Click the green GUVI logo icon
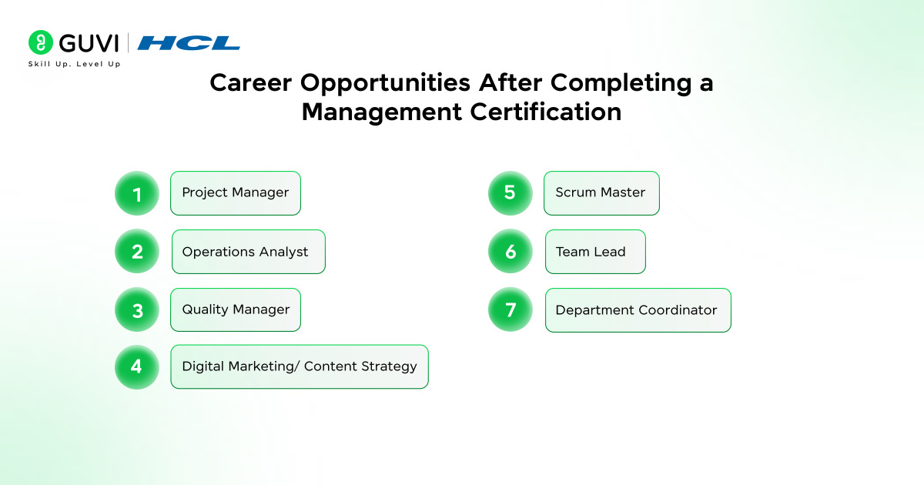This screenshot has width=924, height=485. [40, 42]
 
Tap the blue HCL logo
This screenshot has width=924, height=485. [189, 43]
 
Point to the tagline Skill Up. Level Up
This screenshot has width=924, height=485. [74, 64]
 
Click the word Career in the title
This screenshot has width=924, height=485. [251, 82]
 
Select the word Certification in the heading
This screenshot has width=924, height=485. [546, 112]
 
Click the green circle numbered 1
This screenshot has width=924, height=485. [137, 193]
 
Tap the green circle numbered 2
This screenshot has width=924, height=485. [137, 251]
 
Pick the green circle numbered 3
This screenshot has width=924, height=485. [137, 309]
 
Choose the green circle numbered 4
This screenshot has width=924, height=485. [137, 367]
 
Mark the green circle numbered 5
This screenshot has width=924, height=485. [511, 193]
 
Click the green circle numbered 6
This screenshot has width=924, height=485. [511, 251]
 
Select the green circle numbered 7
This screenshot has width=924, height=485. [511, 309]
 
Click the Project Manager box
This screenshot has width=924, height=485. [236, 193]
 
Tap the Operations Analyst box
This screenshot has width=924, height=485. [249, 252]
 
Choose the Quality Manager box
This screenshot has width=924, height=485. [236, 309]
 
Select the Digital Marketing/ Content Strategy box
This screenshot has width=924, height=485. [300, 366]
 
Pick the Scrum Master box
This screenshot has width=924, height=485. [601, 193]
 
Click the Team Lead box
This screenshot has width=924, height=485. [595, 252]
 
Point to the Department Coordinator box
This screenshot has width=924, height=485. [638, 310]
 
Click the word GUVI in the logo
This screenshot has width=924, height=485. [89, 43]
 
